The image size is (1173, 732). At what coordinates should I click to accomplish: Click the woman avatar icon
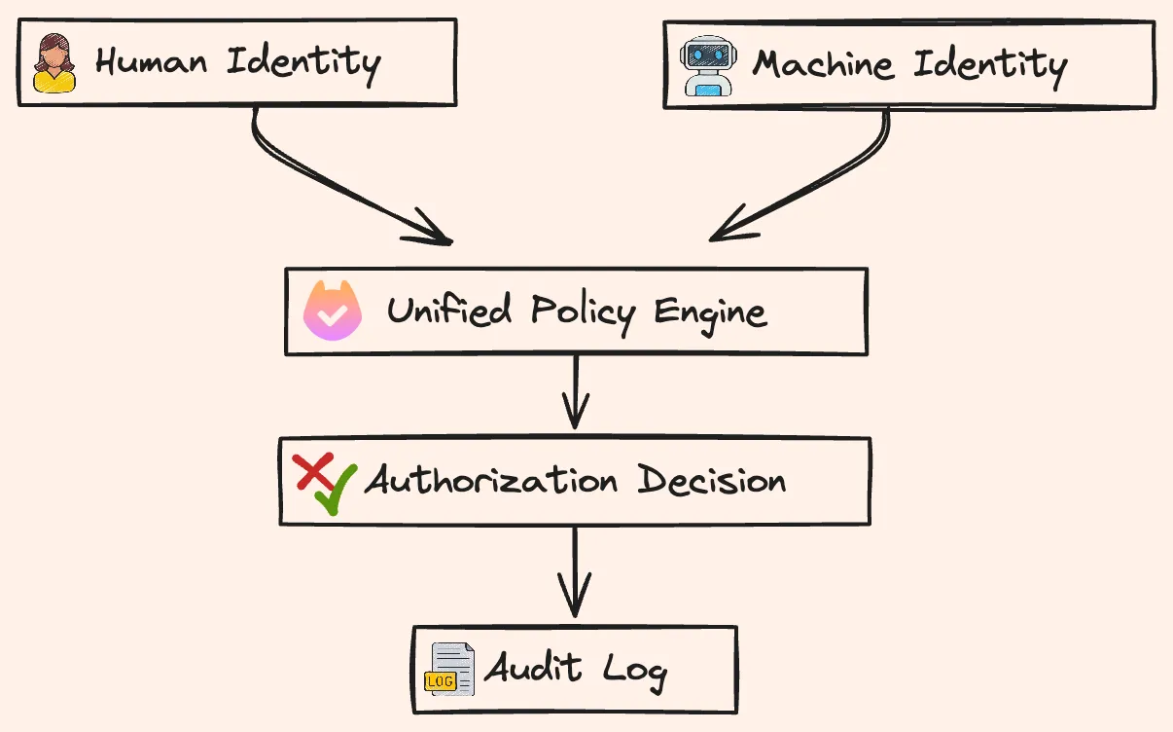point(54,63)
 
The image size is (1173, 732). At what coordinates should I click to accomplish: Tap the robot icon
point(708,65)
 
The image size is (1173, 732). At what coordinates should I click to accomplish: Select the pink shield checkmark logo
point(333,311)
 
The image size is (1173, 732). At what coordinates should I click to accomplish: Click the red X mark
point(313,471)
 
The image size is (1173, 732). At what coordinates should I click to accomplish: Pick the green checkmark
point(337,490)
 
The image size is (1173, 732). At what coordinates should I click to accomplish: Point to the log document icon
point(449,669)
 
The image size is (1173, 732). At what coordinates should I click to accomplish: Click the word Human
point(152,61)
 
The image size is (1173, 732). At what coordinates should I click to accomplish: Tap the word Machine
point(823,64)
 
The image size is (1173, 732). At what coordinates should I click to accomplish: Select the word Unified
point(449,310)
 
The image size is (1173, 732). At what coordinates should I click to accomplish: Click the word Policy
point(584,312)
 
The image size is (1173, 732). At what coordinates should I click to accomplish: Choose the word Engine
point(711,314)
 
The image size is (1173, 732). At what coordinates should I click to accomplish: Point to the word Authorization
point(491,479)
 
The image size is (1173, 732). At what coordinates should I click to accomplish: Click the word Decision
point(712,480)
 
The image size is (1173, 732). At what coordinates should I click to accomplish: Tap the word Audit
point(533,667)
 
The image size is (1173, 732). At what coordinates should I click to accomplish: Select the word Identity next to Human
point(303,65)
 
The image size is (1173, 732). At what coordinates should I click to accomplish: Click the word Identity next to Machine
point(990,68)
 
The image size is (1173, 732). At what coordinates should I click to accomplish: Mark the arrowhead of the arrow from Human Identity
point(451,242)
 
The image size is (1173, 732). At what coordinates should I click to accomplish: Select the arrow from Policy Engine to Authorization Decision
point(576,392)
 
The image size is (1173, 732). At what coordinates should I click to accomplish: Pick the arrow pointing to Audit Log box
point(575,571)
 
